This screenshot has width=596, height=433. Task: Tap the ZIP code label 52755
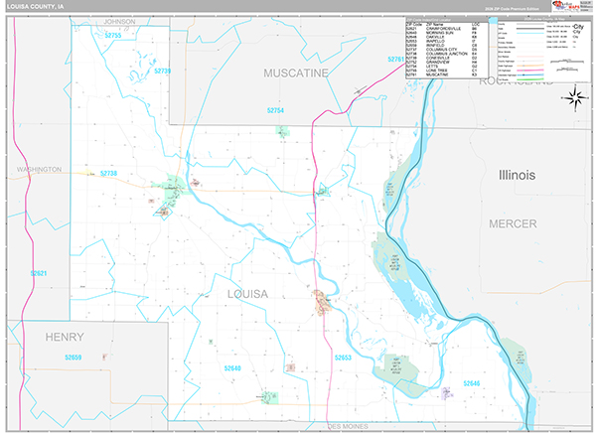click(x=112, y=36)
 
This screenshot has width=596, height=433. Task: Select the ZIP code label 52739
click(x=163, y=71)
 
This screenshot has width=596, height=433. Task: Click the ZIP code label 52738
click(x=108, y=174)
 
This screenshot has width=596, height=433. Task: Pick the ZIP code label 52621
click(x=39, y=273)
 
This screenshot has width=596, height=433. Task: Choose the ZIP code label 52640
click(x=232, y=368)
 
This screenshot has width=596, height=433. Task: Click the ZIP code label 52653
click(x=343, y=357)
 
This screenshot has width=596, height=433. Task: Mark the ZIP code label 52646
click(x=470, y=382)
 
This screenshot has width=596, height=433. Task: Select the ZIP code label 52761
click(x=396, y=60)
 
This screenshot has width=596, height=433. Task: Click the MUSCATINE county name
click(x=295, y=73)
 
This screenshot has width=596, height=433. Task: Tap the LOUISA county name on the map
click(x=247, y=294)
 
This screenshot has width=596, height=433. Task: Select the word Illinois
click(x=517, y=175)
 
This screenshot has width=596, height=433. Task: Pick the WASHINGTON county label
click(x=39, y=170)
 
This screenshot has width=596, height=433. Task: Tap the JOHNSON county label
click(x=111, y=21)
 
